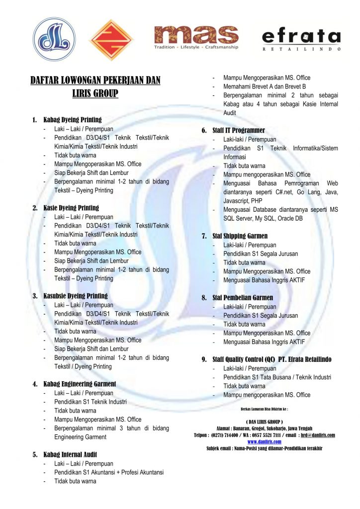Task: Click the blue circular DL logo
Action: tap(55, 39)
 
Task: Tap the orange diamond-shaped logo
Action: tap(111, 39)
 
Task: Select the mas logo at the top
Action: tap(196, 37)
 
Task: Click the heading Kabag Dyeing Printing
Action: tap(73, 120)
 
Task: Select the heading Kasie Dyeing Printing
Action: tap(71, 208)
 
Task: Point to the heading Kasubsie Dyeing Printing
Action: tap(76, 296)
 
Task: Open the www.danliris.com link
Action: tap(264, 441)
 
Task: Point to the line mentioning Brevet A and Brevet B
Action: tap(265, 86)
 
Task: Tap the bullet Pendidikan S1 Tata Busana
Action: tap(277, 377)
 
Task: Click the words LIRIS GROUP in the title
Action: tap(95, 93)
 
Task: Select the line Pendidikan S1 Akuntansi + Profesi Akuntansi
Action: tap(109, 472)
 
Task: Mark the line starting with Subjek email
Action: tap(264, 448)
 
